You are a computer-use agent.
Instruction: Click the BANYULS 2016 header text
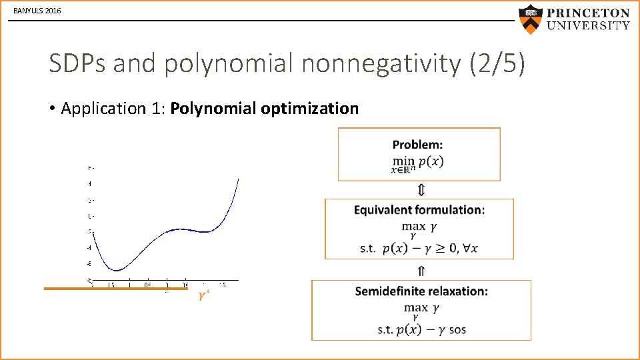click(37, 11)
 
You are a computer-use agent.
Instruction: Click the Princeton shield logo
click(530, 19)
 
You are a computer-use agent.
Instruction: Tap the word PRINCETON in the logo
click(588, 13)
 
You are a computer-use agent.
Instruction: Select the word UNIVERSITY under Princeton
click(588, 26)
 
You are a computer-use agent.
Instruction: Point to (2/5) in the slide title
click(497, 64)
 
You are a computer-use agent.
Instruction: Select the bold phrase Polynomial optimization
click(265, 108)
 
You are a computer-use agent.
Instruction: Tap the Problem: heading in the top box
click(417, 145)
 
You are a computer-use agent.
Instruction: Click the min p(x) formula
click(418, 161)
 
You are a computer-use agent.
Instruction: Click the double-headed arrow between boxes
click(421, 191)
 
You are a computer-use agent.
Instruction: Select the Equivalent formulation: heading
click(419, 210)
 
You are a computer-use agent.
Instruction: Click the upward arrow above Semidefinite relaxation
click(421, 271)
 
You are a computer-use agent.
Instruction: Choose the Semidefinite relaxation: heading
click(421, 291)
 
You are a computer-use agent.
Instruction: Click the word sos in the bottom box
click(457, 329)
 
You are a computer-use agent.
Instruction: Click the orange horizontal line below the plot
click(107, 289)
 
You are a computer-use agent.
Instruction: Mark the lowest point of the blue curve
click(117, 270)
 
